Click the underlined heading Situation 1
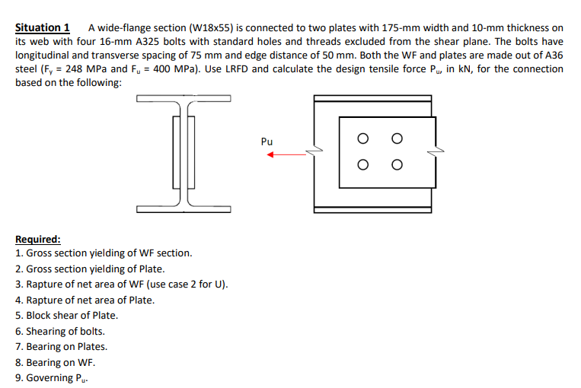point(43,27)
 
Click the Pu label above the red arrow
point(266,142)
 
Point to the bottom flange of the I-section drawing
point(184,205)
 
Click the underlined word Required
point(38,238)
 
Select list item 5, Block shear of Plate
point(66,315)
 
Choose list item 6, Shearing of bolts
point(60,331)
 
